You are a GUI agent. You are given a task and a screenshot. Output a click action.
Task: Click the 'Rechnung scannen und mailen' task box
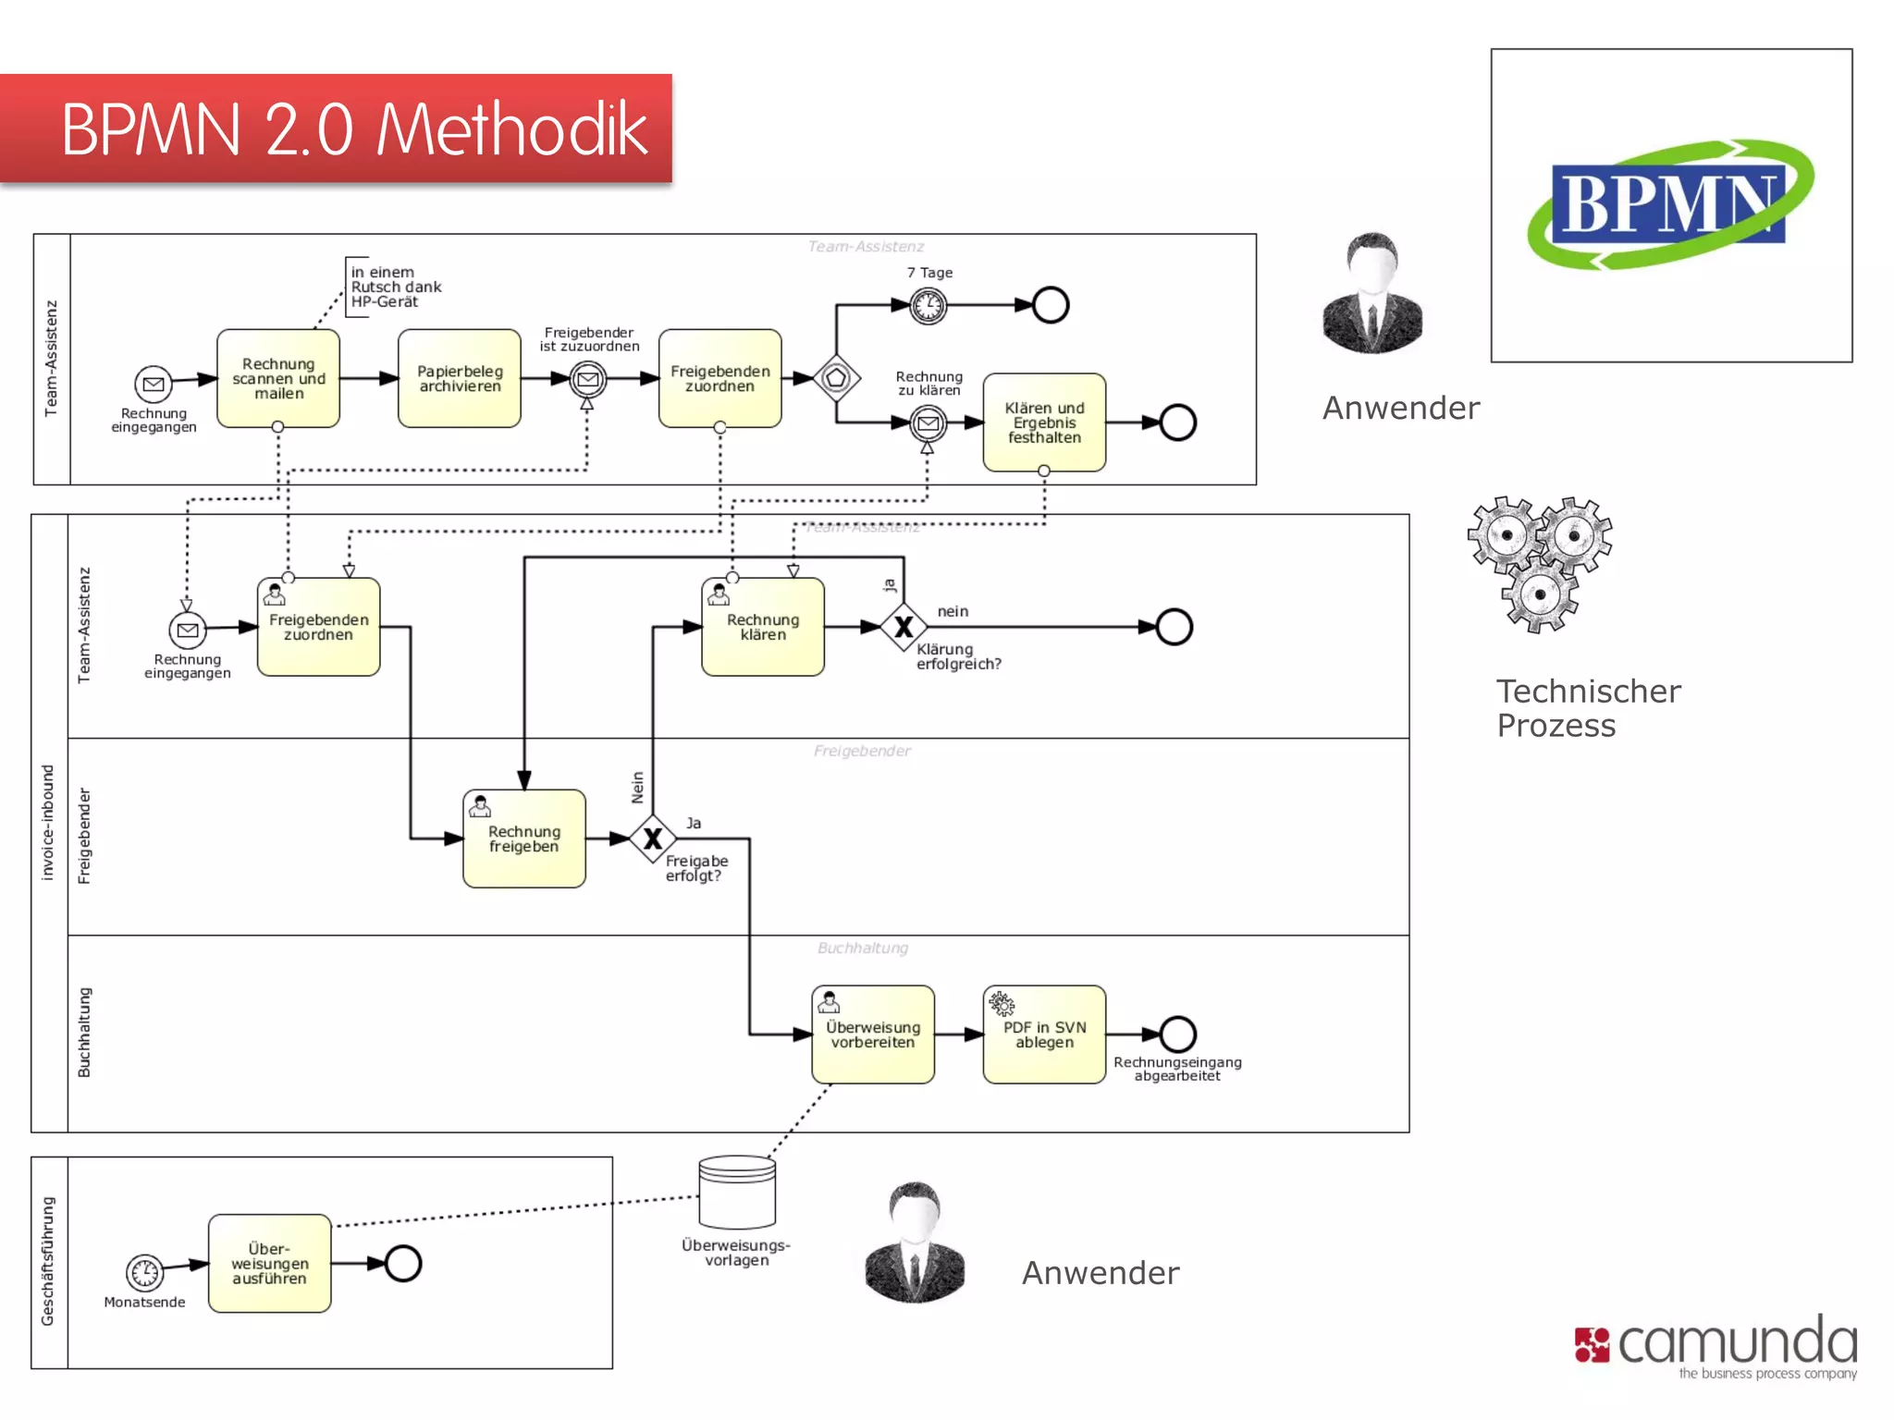278,378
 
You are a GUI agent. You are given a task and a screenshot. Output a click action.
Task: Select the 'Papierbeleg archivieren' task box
460,378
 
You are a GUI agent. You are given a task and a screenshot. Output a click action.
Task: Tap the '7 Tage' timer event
929,305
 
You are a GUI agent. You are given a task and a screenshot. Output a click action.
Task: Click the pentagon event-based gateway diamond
836,377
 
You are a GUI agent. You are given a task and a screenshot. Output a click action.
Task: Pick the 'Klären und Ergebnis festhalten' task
1044,422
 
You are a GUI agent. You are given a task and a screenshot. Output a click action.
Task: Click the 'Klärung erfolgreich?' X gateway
904,627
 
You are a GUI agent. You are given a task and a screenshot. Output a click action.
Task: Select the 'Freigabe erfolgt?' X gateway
653,839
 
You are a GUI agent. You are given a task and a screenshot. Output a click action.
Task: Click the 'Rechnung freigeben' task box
524,839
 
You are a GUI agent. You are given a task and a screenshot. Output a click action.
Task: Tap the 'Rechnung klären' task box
763,627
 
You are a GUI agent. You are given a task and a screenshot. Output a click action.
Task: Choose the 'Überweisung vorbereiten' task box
873,1034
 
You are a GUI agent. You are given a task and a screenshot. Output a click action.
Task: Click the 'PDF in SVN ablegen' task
1044,1034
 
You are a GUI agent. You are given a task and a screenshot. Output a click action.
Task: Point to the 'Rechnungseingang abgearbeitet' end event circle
1177,1034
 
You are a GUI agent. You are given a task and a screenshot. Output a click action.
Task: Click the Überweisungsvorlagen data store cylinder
737,1193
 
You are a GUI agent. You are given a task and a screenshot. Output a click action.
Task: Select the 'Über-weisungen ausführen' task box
269,1264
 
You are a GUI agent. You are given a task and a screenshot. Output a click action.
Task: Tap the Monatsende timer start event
145,1272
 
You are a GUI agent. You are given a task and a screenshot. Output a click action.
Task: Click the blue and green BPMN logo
1670,204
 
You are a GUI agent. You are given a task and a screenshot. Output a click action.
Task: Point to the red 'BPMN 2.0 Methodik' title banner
337,129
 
